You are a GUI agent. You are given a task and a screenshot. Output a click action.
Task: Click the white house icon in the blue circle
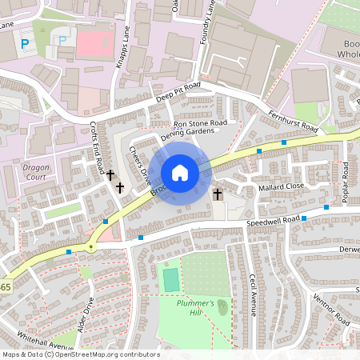click(180, 173)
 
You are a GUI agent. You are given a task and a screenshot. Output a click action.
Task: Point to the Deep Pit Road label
click(177, 91)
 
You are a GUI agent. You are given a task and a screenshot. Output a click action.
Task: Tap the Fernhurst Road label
click(293, 122)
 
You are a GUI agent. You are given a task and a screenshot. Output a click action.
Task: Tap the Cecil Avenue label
click(253, 294)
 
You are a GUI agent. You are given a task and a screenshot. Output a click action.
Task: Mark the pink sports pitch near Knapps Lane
click(95, 43)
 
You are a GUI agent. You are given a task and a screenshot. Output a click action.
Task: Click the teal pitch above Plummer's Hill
click(170, 280)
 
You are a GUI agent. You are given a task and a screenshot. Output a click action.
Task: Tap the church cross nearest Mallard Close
click(218, 194)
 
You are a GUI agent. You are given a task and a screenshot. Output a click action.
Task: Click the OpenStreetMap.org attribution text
click(108, 354)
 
